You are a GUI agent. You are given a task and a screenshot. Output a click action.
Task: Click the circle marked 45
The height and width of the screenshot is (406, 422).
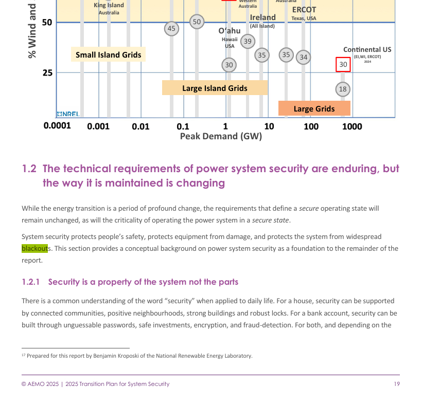(x=172, y=29)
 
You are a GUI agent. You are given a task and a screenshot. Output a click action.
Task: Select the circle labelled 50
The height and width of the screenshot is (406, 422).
(x=197, y=22)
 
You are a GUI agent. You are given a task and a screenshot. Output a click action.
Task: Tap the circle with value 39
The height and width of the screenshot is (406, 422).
(x=248, y=42)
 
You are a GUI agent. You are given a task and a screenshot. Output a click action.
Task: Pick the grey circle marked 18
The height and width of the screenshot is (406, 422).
(x=343, y=89)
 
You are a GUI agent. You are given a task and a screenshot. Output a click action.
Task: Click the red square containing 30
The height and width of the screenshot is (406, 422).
(x=343, y=65)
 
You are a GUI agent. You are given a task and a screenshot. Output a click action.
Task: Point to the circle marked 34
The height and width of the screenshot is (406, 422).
(x=304, y=57)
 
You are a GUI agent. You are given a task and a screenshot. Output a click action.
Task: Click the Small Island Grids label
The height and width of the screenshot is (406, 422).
(x=108, y=54)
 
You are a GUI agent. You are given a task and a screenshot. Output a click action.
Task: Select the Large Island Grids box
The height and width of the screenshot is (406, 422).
(x=215, y=88)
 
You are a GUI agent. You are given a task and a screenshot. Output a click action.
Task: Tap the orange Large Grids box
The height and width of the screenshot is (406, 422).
(x=314, y=108)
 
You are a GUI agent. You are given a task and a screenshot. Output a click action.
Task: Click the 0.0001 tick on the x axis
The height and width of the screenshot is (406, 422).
(x=57, y=126)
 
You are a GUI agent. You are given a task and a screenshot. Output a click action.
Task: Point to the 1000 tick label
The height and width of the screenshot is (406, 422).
(x=352, y=126)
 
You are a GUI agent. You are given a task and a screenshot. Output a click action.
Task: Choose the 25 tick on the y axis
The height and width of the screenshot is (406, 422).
(x=47, y=72)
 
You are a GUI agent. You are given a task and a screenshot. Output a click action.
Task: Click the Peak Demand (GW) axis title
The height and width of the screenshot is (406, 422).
(x=221, y=136)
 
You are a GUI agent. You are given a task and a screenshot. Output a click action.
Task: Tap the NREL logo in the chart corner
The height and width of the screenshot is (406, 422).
(x=68, y=114)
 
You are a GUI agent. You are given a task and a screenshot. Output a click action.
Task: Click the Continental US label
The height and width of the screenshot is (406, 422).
(x=367, y=49)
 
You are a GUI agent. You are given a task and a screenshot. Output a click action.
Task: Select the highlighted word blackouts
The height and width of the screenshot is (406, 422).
(x=34, y=249)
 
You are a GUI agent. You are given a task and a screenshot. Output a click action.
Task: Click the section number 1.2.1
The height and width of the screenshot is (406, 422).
(x=30, y=282)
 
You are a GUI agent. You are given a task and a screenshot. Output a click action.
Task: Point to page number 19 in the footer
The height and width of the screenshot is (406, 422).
(x=397, y=384)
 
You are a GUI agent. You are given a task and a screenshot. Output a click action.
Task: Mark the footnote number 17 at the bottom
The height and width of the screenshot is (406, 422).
(x=23, y=355)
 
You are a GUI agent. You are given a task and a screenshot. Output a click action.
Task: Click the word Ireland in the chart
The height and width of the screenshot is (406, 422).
(x=262, y=17)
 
